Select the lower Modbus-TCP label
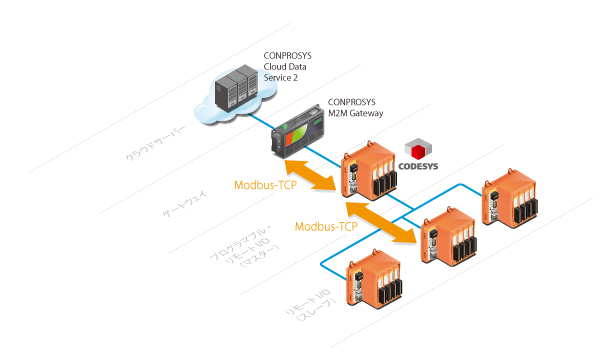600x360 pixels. pyautogui.click(x=327, y=227)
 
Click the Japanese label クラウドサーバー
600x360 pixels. pyautogui.click(x=156, y=144)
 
